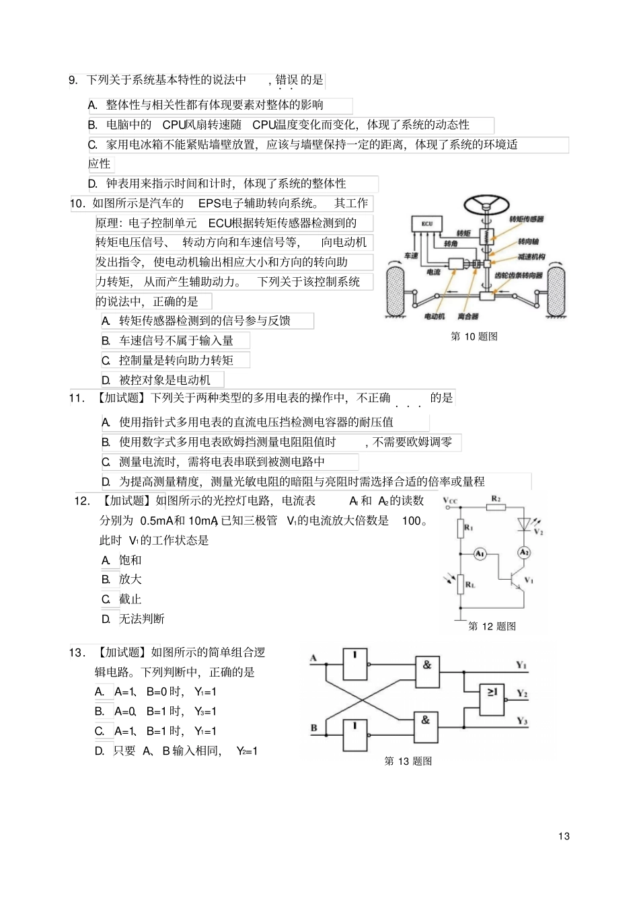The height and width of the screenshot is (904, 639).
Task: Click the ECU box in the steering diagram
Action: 427,225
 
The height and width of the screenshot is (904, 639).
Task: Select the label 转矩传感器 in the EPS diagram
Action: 526,219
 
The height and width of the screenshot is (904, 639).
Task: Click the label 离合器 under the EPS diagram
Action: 468,316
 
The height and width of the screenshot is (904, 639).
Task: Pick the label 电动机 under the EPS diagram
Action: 435,316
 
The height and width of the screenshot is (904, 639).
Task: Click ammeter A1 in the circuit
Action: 480,554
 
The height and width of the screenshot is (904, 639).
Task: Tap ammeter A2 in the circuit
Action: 524,552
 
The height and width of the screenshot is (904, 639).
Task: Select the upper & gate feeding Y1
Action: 426,671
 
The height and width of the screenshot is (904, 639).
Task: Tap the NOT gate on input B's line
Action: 355,735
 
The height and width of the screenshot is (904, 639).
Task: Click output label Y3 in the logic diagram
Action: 522,721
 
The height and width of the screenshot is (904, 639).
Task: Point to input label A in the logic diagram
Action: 313,658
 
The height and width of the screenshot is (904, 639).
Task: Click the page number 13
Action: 564,836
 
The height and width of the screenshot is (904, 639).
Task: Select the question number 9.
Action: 74,81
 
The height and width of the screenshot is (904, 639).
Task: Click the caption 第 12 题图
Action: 492,626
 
